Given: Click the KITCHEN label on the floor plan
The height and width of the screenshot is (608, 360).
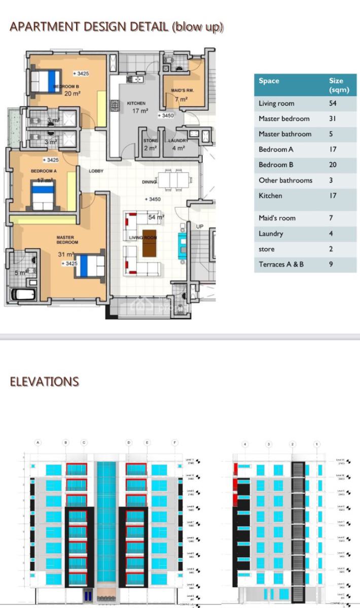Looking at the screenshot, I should click(x=136, y=103).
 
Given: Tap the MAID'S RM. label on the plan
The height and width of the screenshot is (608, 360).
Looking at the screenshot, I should click(x=183, y=91).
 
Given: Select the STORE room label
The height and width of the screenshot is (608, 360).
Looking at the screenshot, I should click(x=151, y=141).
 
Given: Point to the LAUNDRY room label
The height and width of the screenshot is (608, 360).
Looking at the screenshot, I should click(x=178, y=141).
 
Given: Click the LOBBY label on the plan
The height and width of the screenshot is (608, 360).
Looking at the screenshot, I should click(x=96, y=171).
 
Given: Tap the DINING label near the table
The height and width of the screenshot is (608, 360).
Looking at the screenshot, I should click(x=149, y=182).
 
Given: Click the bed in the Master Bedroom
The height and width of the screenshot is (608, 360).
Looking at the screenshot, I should click(x=89, y=266).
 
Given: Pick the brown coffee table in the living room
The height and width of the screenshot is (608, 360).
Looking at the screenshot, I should click(x=150, y=243).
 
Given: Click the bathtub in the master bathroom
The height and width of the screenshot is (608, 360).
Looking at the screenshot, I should click(x=23, y=294).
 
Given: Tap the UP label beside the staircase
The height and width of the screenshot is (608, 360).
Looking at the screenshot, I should click(x=199, y=226).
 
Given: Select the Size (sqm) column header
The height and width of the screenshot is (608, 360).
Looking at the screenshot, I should click(x=336, y=85).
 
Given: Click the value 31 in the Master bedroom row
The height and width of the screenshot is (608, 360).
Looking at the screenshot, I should click(x=333, y=119).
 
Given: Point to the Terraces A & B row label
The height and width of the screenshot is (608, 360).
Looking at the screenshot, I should click(x=281, y=264).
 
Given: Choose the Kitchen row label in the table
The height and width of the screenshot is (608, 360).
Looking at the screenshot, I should click(x=270, y=196).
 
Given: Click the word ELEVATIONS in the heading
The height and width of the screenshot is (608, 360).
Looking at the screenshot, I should click(x=45, y=382).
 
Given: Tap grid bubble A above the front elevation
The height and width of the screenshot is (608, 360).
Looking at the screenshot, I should click(x=38, y=442).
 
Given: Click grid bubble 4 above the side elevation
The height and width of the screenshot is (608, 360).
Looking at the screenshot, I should click(x=245, y=444).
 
